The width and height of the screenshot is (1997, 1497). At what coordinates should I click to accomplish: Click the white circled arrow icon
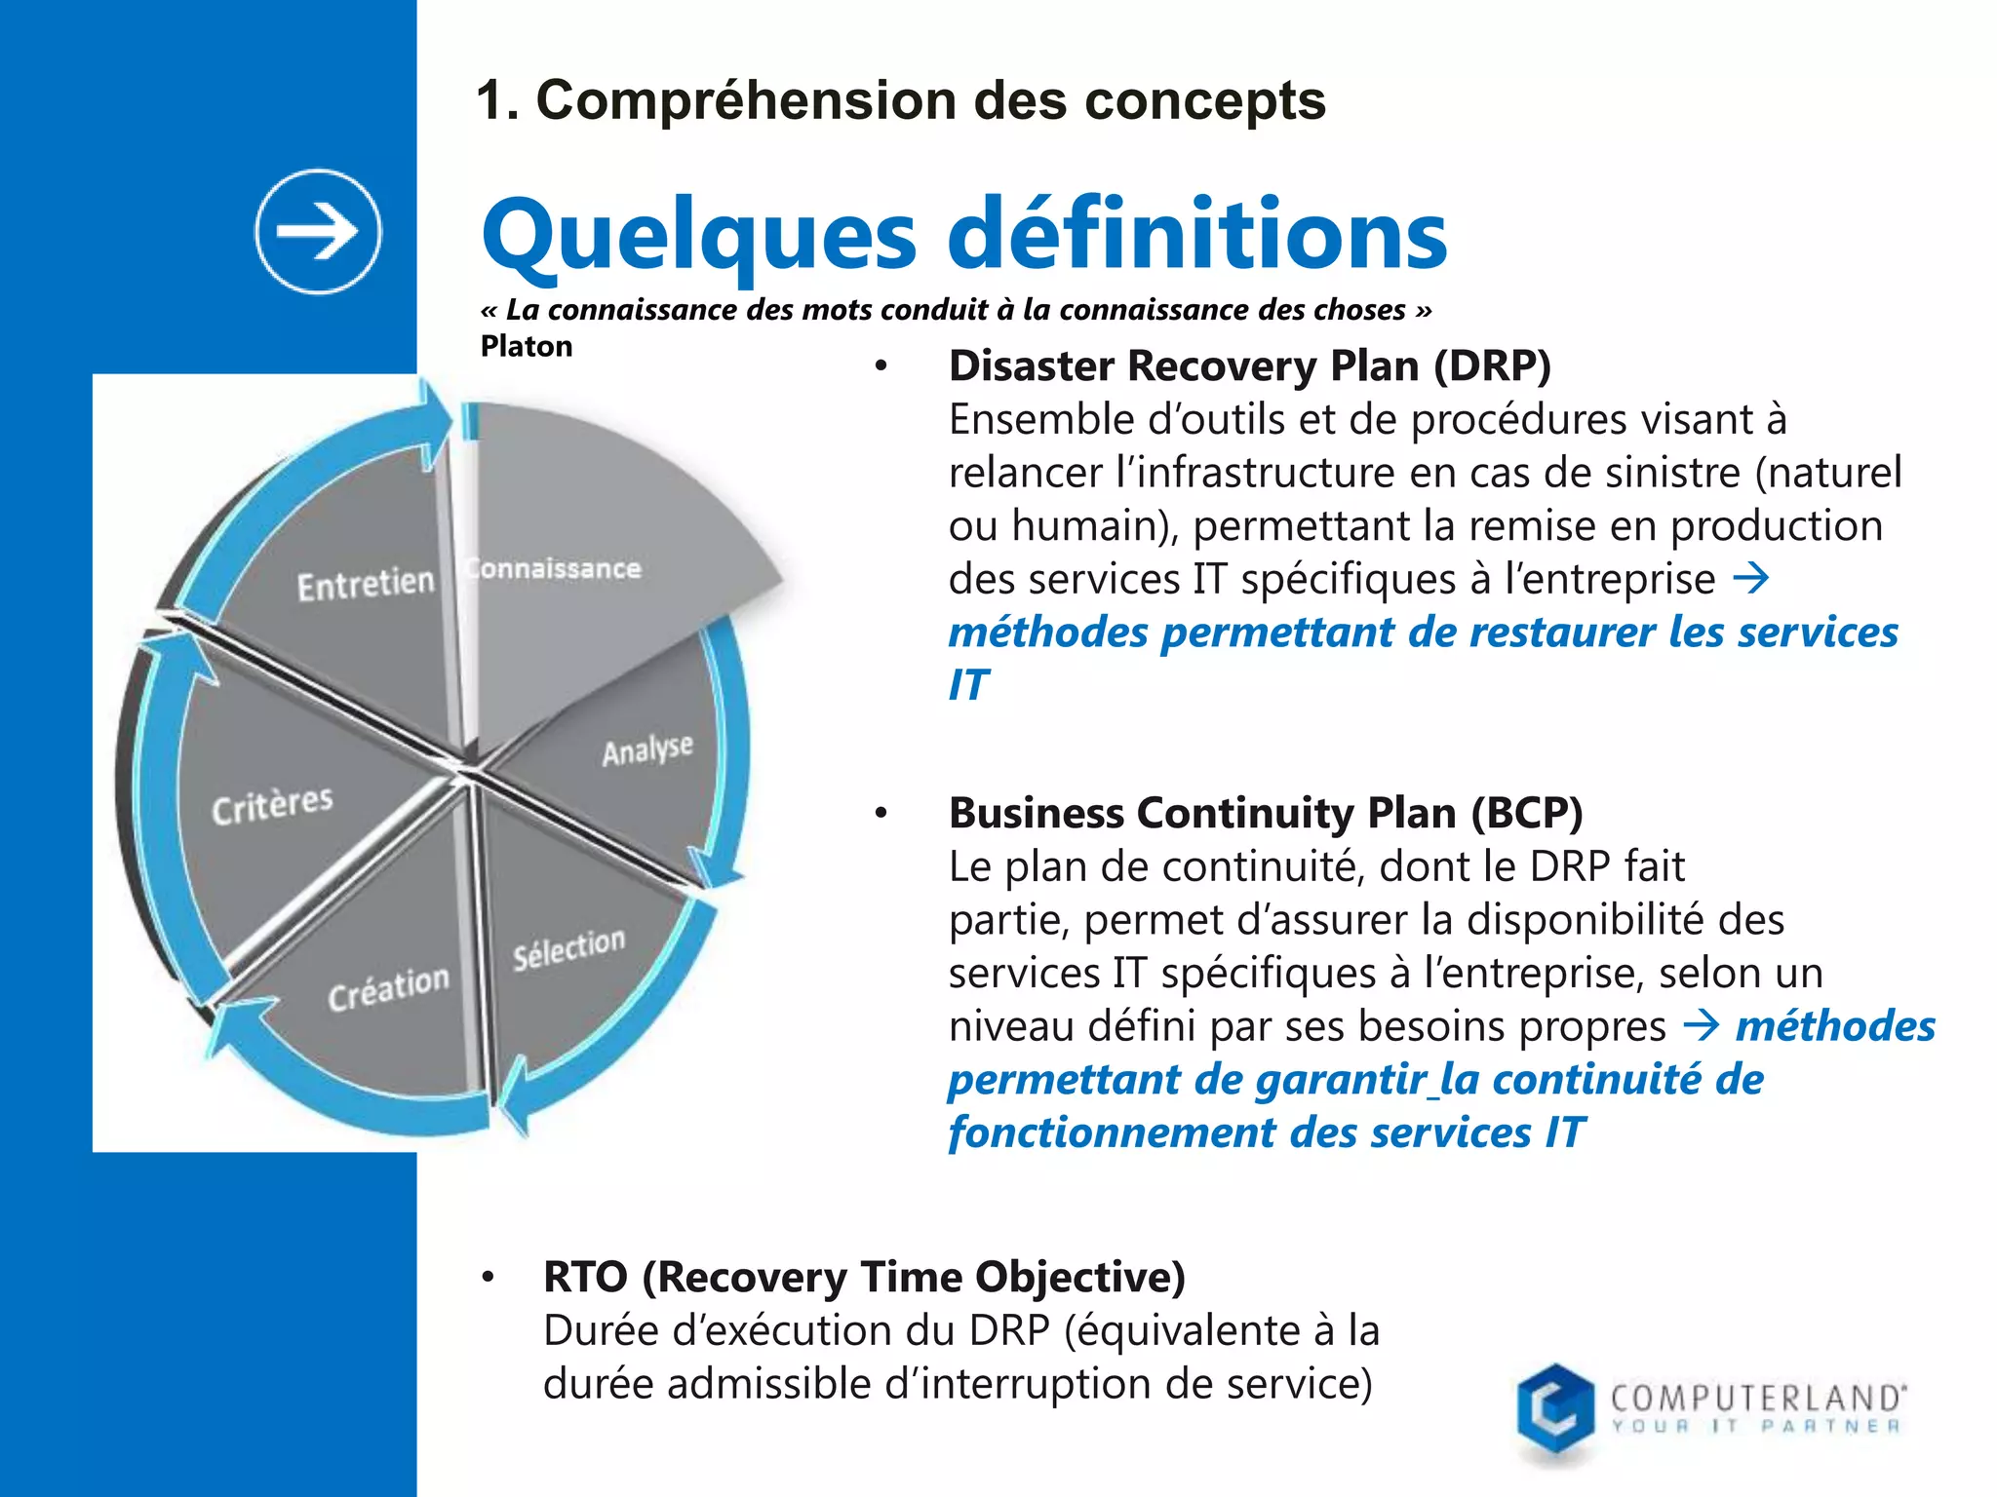click(318, 231)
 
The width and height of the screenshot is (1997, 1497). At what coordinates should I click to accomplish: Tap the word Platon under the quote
click(527, 346)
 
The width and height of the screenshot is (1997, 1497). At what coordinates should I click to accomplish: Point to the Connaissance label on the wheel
click(554, 568)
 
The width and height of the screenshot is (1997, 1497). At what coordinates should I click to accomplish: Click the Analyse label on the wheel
click(647, 749)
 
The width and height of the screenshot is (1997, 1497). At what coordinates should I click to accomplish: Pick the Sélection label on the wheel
click(568, 948)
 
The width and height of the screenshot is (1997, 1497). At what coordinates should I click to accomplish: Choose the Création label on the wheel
click(388, 988)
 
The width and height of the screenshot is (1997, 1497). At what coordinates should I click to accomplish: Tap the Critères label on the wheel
click(273, 804)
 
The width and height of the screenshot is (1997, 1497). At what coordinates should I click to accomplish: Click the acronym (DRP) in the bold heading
click(1492, 366)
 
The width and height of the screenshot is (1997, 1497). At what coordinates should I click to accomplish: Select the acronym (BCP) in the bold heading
click(1526, 813)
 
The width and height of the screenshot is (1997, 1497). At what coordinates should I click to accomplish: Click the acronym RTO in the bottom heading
click(585, 1277)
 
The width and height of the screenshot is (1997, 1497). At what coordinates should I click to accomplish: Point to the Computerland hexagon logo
click(1555, 1409)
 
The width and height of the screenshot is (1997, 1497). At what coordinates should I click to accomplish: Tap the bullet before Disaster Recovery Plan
click(881, 367)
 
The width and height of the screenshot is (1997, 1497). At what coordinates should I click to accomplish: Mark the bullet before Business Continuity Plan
click(881, 814)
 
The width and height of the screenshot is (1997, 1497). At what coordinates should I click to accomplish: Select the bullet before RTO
click(488, 1278)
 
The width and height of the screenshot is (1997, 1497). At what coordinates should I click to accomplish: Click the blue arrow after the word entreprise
click(1750, 579)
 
